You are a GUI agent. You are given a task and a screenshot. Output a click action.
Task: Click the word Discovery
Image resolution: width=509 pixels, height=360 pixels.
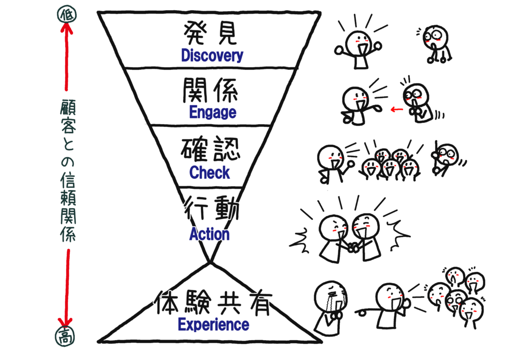click(x=212, y=56)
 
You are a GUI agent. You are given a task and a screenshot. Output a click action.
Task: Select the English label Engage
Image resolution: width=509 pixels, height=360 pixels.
click(x=212, y=113)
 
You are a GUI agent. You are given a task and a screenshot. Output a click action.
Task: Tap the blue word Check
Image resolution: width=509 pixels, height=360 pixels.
click(x=210, y=173)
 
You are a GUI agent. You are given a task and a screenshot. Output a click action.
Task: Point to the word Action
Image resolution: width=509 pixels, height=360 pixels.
click(x=209, y=234)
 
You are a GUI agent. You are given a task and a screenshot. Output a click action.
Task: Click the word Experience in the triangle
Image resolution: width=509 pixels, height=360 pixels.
click(x=213, y=324)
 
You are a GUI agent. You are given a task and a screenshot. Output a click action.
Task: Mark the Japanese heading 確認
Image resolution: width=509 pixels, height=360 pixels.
click(x=210, y=151)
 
